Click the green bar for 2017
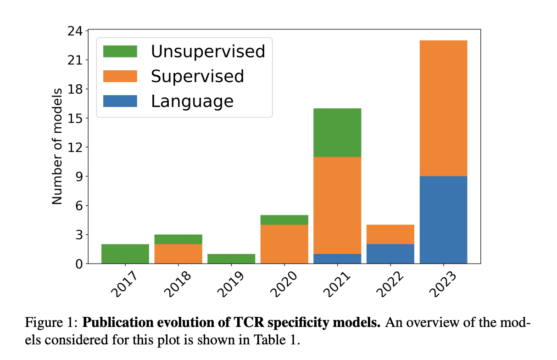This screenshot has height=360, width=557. tap(125, 254)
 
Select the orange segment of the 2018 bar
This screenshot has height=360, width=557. tap(178, 254)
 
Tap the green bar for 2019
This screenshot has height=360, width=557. tap(231, 259)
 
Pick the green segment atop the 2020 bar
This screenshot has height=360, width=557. tap(284, 220)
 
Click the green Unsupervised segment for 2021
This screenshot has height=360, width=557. tap(337, 133)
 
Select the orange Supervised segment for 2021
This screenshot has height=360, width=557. tap(337, 205)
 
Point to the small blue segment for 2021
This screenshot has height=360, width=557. tap(337, 259)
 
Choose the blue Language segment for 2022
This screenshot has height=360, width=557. tap(390, 254)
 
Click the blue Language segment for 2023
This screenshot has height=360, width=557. tap(443, 220)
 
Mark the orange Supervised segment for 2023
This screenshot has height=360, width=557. tap(443, 108)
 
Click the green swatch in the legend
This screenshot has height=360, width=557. tap(120, 51)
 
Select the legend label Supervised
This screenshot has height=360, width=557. tap(197, 76)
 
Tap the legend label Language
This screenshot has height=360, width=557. tap(192, 101)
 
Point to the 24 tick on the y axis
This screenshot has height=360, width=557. tap(74, 31)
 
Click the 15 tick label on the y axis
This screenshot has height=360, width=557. tap(74, 118)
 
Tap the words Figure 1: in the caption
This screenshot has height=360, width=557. tap(51, 323)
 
